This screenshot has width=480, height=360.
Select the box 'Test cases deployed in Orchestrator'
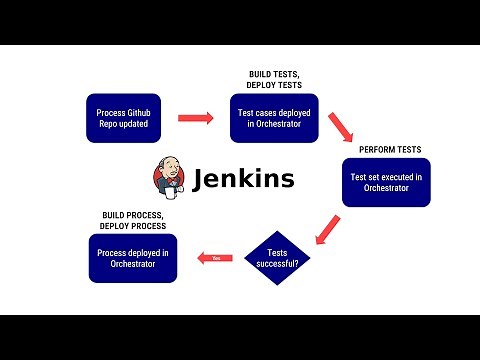273,119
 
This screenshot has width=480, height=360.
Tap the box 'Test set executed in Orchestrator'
386,182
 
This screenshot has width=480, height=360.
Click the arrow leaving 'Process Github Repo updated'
196,119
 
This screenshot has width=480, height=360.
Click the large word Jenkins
243,178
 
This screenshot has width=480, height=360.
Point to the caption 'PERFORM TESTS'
390,149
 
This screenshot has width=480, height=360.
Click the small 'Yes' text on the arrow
215,259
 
